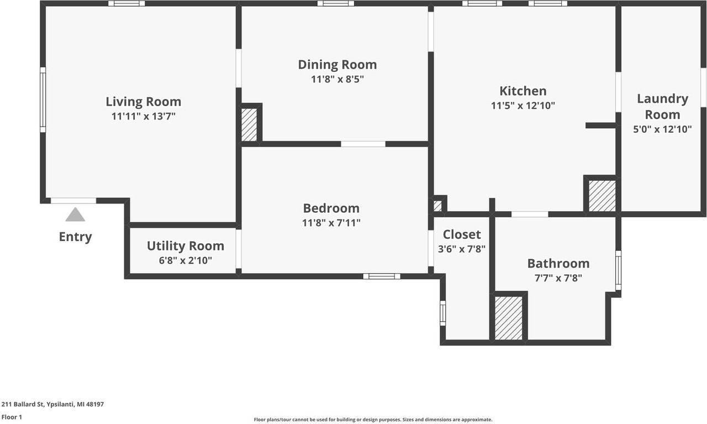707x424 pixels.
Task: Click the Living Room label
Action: click(x=143, y=102)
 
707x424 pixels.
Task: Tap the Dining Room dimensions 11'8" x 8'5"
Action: click(x=337, y=79)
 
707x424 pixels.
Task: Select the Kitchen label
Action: click(x=523, y=91)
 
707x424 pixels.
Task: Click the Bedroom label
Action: click(x=331, y=208)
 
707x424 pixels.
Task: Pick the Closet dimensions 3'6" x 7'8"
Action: click(x=461, y=249)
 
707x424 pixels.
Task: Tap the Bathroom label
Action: click(x=558, y=264)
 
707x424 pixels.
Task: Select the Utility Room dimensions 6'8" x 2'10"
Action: click(x=185, y=260)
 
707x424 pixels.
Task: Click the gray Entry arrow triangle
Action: click(x=75, y=214)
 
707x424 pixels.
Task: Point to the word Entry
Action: click(x=75, y=237)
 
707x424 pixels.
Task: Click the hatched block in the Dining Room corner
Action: click(x=249, y=124)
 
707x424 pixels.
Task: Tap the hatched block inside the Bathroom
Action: click(x=509, y=318)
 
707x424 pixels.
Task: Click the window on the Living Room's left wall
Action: click(x=43, y=100)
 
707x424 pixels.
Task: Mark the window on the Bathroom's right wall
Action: click(x=618, y=270)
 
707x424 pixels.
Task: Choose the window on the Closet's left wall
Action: click(x=442, y=313)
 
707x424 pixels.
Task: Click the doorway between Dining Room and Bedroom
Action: click(x=363, y=144)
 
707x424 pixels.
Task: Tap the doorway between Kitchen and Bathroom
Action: click(x=529, y=214)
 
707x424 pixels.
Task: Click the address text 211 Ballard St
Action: click(x=52, y=404)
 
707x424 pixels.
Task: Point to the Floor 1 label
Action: click(x=12, y=417)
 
